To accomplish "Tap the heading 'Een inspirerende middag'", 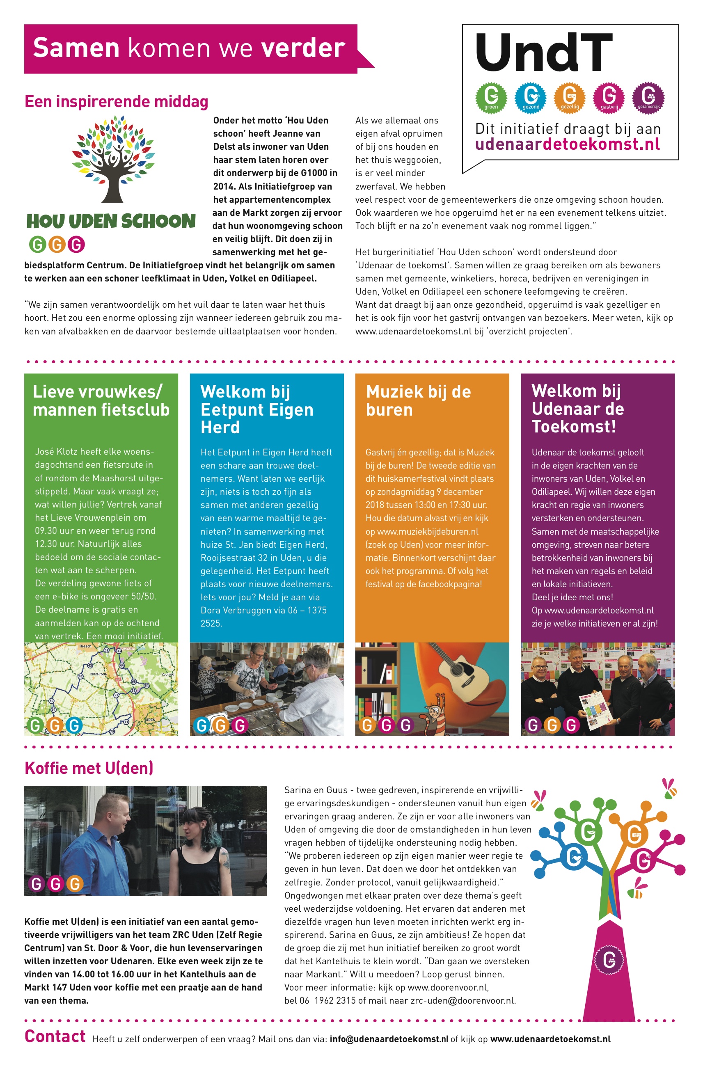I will coord(116,102).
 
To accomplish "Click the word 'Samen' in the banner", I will coord(76,48).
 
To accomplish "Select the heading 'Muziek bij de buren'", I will coord(418,400).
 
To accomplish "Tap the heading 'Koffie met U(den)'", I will coord(89,768).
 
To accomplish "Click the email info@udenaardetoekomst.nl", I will coord(389,1039).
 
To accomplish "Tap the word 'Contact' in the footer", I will coord(55,1036).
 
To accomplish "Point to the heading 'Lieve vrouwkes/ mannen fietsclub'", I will coord(101,400).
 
